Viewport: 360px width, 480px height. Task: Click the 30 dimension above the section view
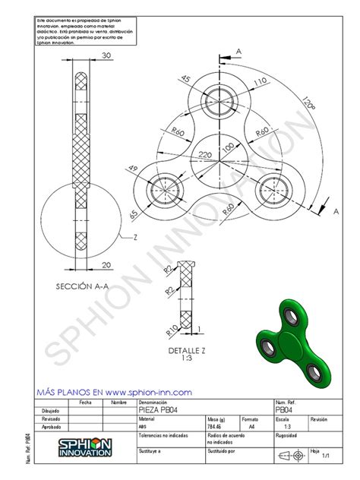point(106,55)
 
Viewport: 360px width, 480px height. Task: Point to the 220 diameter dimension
point(205,153)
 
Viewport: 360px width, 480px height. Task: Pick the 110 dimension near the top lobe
point(260,82)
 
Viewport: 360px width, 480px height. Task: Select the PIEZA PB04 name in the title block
point(160,409)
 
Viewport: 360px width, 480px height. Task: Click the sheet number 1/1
point(325,456)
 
